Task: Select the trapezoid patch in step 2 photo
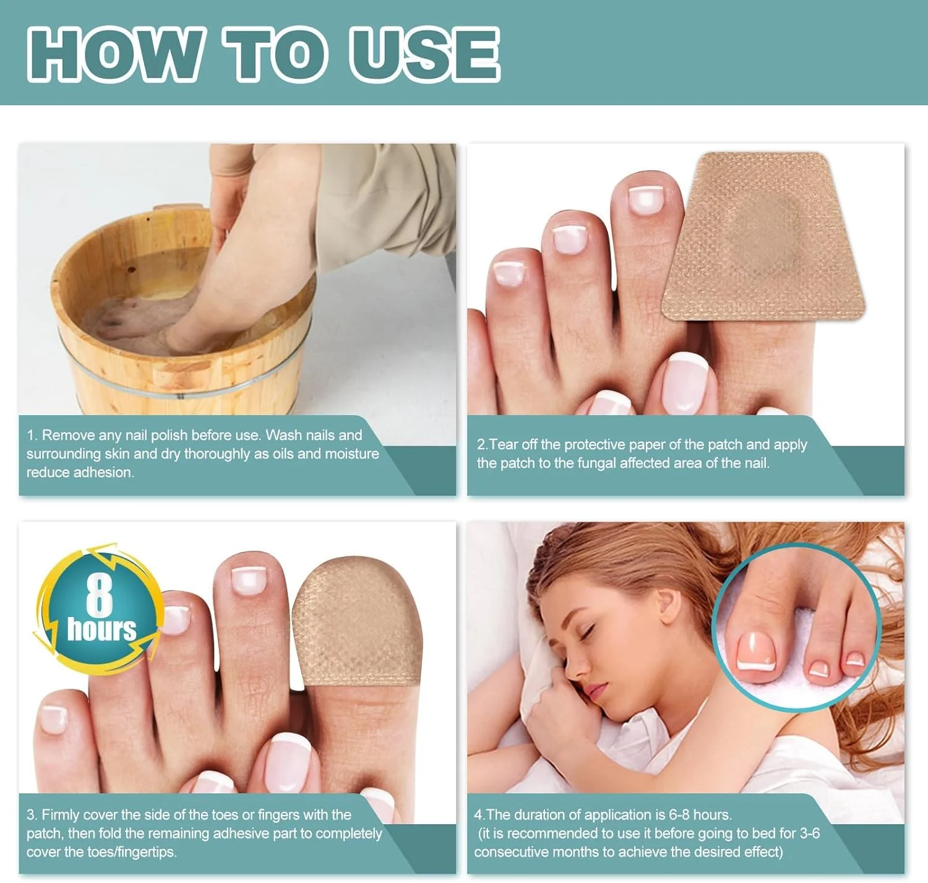[x=763, y=236]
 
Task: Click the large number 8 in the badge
[x=100, y=597]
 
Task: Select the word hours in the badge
[x=101, y=629]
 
